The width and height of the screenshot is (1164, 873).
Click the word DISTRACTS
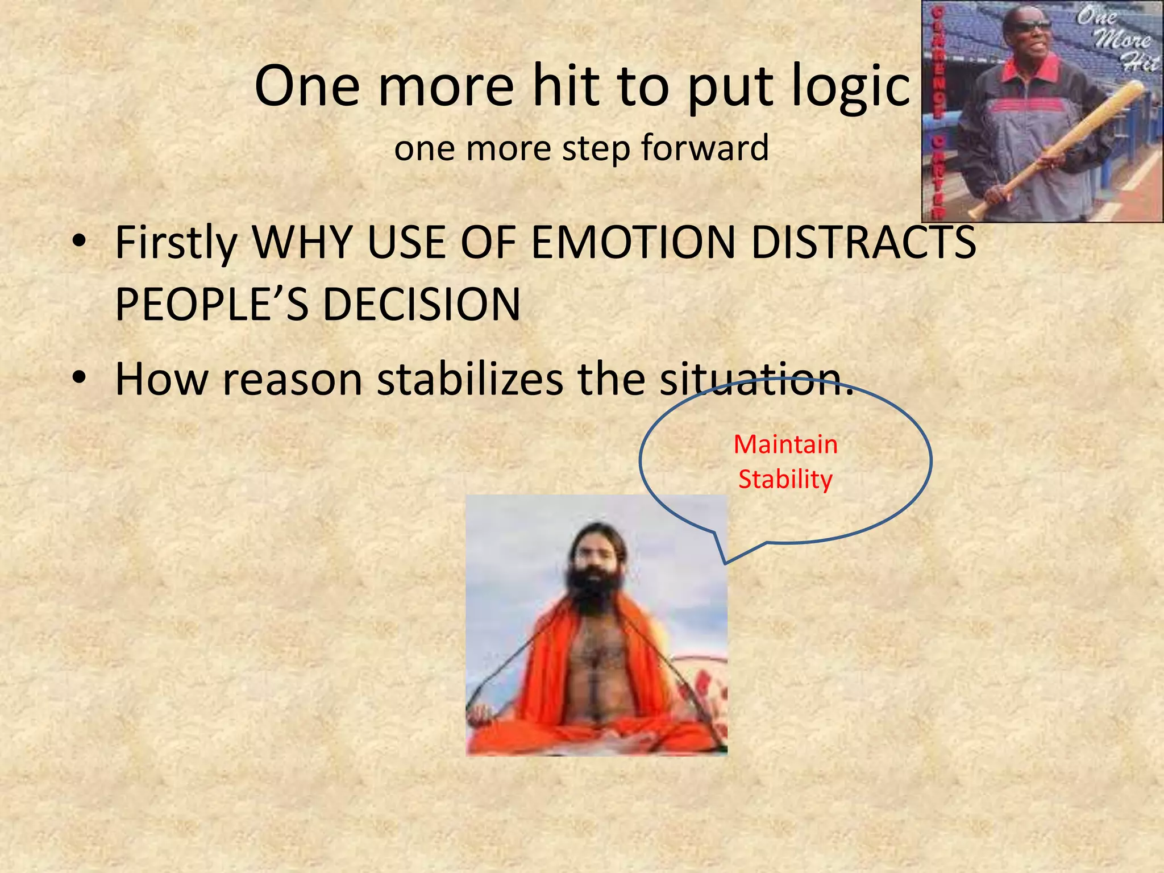tap(863, 243)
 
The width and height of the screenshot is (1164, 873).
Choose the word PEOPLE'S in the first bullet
tap(211, 305)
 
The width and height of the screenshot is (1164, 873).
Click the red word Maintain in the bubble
tap(785, 444)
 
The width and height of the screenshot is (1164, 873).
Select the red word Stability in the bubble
tap(785, 480)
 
